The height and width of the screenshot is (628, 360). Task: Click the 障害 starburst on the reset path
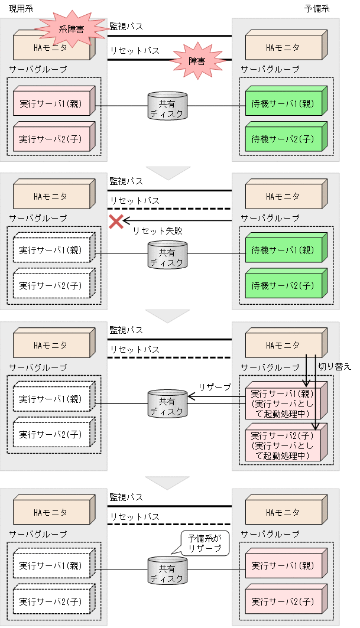196,60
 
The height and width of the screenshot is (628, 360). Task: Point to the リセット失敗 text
157,231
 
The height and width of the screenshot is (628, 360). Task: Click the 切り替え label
335,366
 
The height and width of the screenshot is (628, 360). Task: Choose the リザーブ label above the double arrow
214,386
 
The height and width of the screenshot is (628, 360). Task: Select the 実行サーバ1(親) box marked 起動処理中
282,402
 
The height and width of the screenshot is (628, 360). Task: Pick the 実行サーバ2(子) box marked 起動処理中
282,443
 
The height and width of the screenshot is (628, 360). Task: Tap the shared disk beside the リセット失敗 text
167,255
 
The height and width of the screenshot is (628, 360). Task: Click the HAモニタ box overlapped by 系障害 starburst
52,47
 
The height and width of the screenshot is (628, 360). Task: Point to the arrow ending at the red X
177,221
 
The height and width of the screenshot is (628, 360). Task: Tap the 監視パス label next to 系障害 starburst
126,27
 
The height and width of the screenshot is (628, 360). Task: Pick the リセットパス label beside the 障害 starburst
134,51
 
